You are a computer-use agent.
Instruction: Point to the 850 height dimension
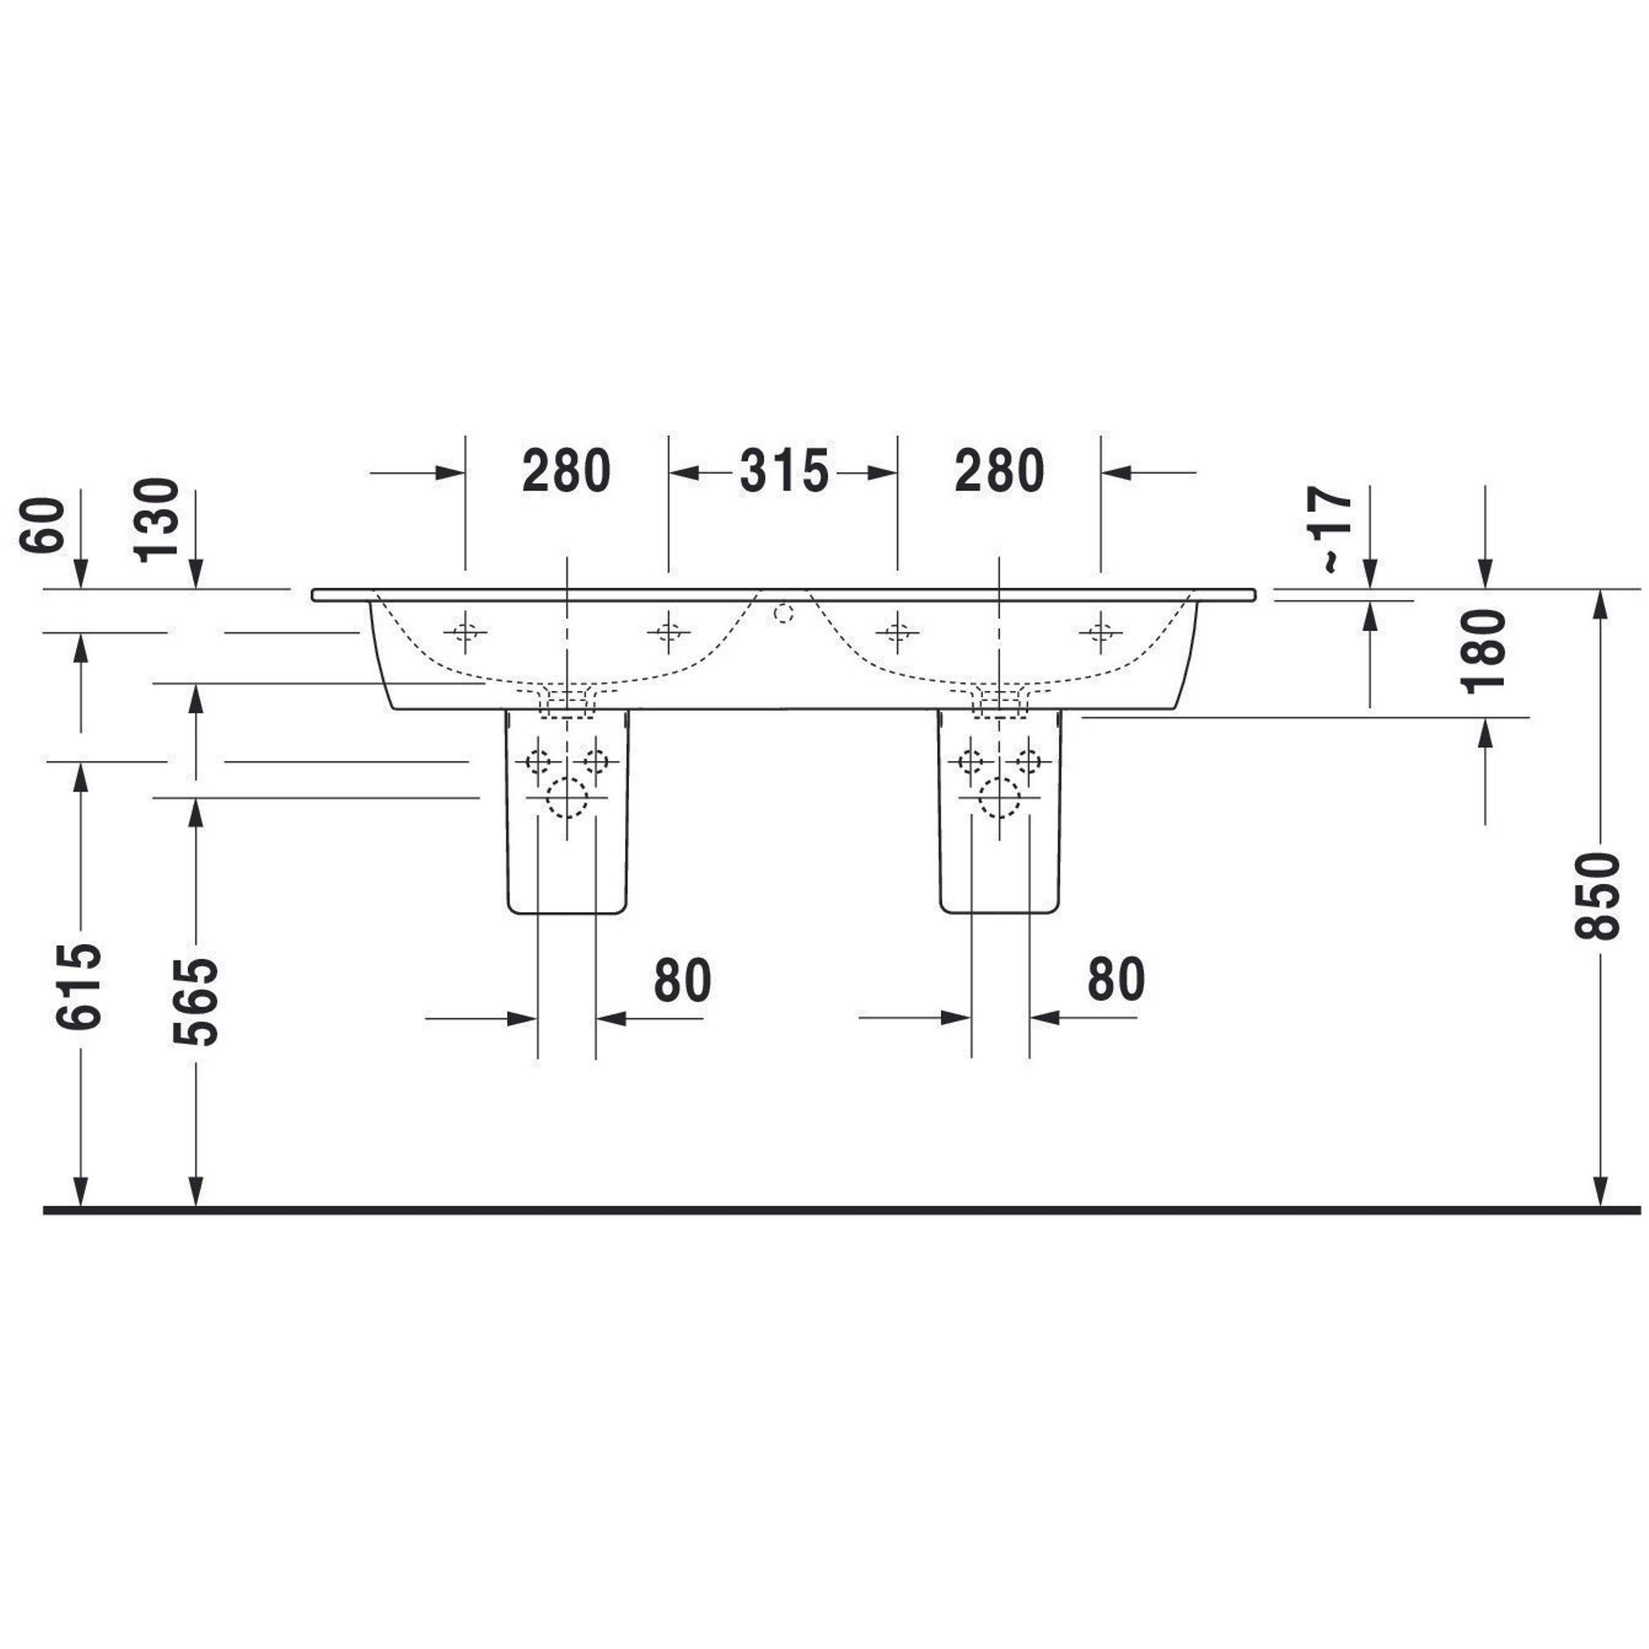click(x=1597, y=895)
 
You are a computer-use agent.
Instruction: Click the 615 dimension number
click(x=79, y=986)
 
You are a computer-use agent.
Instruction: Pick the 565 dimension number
click(x=195, y=1001)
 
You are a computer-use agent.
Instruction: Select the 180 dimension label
click(x=1483, y=651)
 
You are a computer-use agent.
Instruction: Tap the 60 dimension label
click(x=42, y=525)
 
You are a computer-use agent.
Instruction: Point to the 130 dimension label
click(x=157, y=519)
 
